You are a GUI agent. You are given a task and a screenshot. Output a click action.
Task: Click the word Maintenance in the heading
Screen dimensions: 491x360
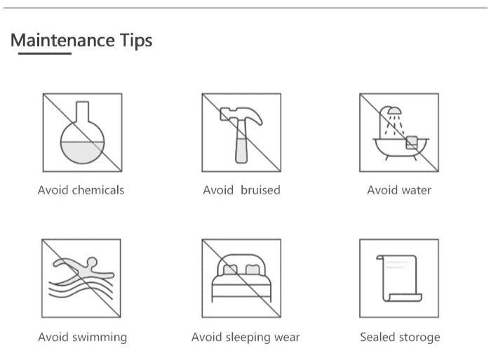(x=62, y=40)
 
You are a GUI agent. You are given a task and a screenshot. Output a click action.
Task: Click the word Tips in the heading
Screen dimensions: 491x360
(x=136, y=41)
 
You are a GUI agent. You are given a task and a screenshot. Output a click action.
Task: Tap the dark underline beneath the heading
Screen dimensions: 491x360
(x=45, y=53)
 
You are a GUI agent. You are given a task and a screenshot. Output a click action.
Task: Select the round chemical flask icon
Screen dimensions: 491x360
(x=82, y=132)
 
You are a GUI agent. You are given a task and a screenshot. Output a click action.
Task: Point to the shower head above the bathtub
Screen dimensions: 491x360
(x=394, y=110)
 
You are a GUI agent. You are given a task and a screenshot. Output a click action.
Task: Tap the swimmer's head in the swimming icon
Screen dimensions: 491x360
(x=92, y=262)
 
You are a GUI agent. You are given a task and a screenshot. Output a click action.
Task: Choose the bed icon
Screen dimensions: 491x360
(x=241, y=278)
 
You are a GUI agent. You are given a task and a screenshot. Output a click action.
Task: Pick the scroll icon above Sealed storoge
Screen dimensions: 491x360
(x=399, y=278)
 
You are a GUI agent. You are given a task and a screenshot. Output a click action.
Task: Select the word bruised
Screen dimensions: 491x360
(x=260, y=190)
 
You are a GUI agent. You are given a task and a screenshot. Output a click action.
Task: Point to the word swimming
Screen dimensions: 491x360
(x=100, y=338)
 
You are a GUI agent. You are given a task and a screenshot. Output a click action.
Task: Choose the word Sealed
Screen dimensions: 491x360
(x=377, y=337)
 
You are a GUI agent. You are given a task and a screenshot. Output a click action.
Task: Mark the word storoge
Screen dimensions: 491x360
(x=419, y=338)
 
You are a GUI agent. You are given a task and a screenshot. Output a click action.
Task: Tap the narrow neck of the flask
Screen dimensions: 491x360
(x=82, y=111)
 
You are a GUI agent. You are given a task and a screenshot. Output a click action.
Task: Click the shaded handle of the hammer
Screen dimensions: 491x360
(x=241, y=150)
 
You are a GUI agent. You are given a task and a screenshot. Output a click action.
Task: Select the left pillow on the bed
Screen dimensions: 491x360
(x=230, y=269)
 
